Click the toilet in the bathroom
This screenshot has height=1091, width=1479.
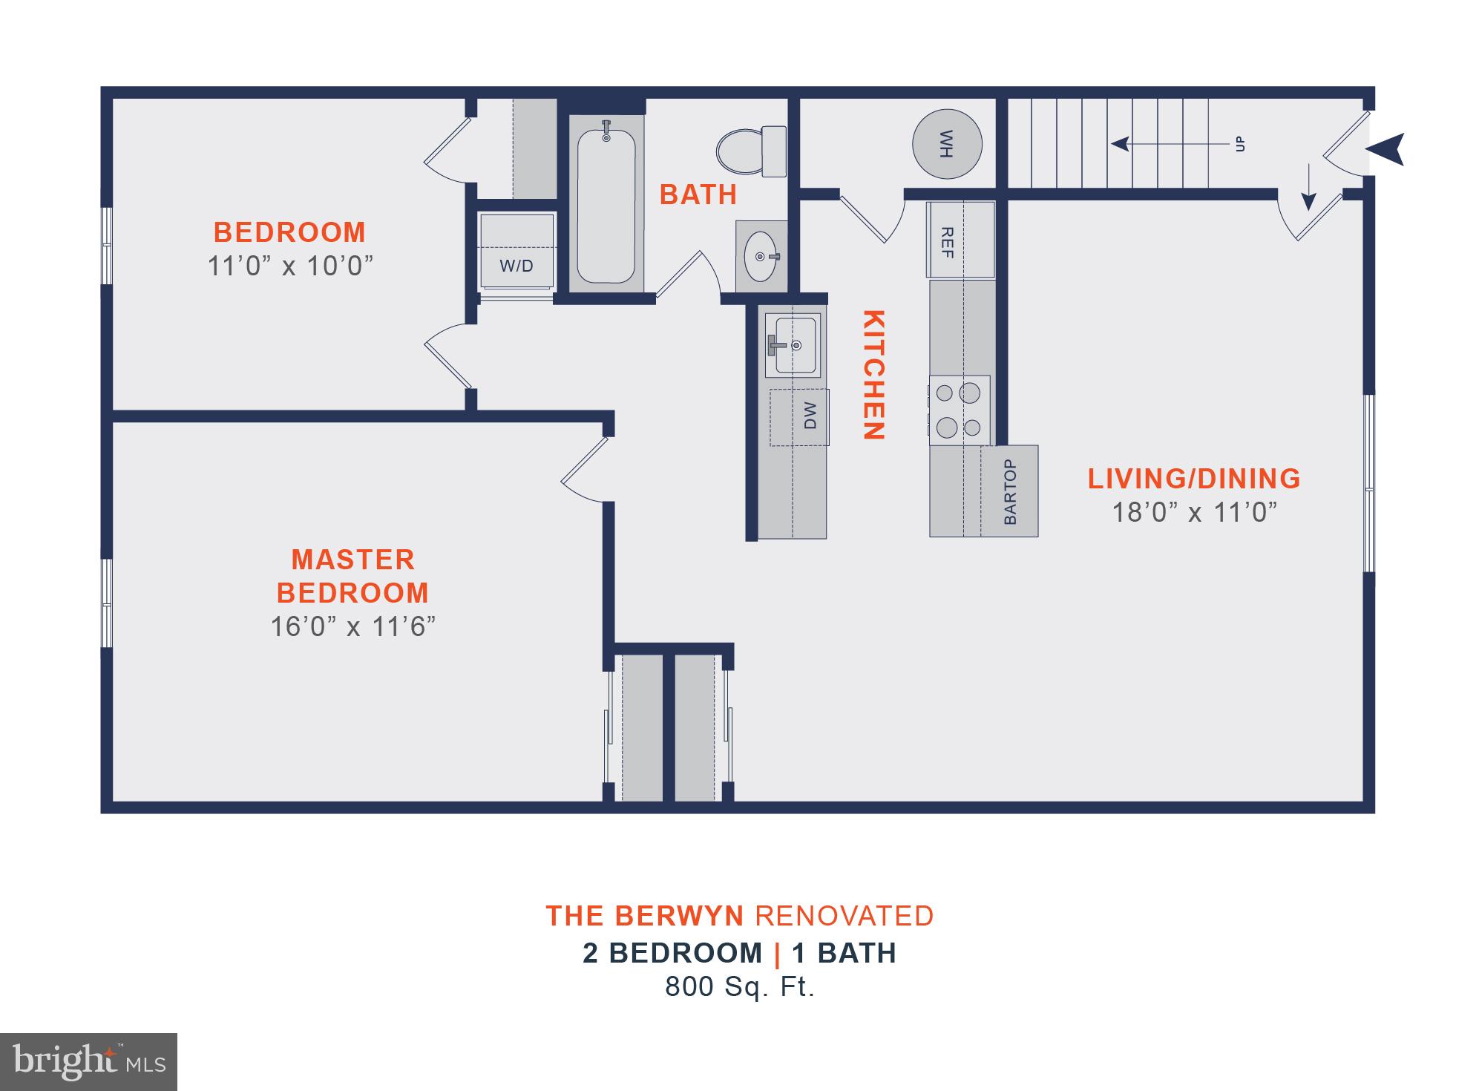[751, 151]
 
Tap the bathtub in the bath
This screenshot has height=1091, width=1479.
[606, 206]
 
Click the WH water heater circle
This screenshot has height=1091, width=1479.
[947, 144]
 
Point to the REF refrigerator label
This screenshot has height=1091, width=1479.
[946, 242]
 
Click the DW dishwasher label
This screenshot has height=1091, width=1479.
[810, 416]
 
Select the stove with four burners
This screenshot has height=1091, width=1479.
[959, 410]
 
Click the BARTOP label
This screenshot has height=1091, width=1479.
[1010, 491]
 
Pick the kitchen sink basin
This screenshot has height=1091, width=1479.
[793, 345]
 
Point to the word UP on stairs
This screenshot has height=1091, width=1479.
[1239, 144]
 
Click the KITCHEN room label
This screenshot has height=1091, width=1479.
[873, 375]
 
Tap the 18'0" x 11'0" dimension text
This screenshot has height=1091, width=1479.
[1194, 513]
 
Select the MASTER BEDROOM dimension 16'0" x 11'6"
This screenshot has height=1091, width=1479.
[352, 627]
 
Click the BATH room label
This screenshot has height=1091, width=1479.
[698, 194]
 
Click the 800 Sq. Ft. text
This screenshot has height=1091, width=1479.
[740, 986]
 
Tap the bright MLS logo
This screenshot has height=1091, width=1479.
[89, 1061]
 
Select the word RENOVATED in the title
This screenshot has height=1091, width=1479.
[844, 916]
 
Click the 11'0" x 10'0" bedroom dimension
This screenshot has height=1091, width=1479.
[289, 266]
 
